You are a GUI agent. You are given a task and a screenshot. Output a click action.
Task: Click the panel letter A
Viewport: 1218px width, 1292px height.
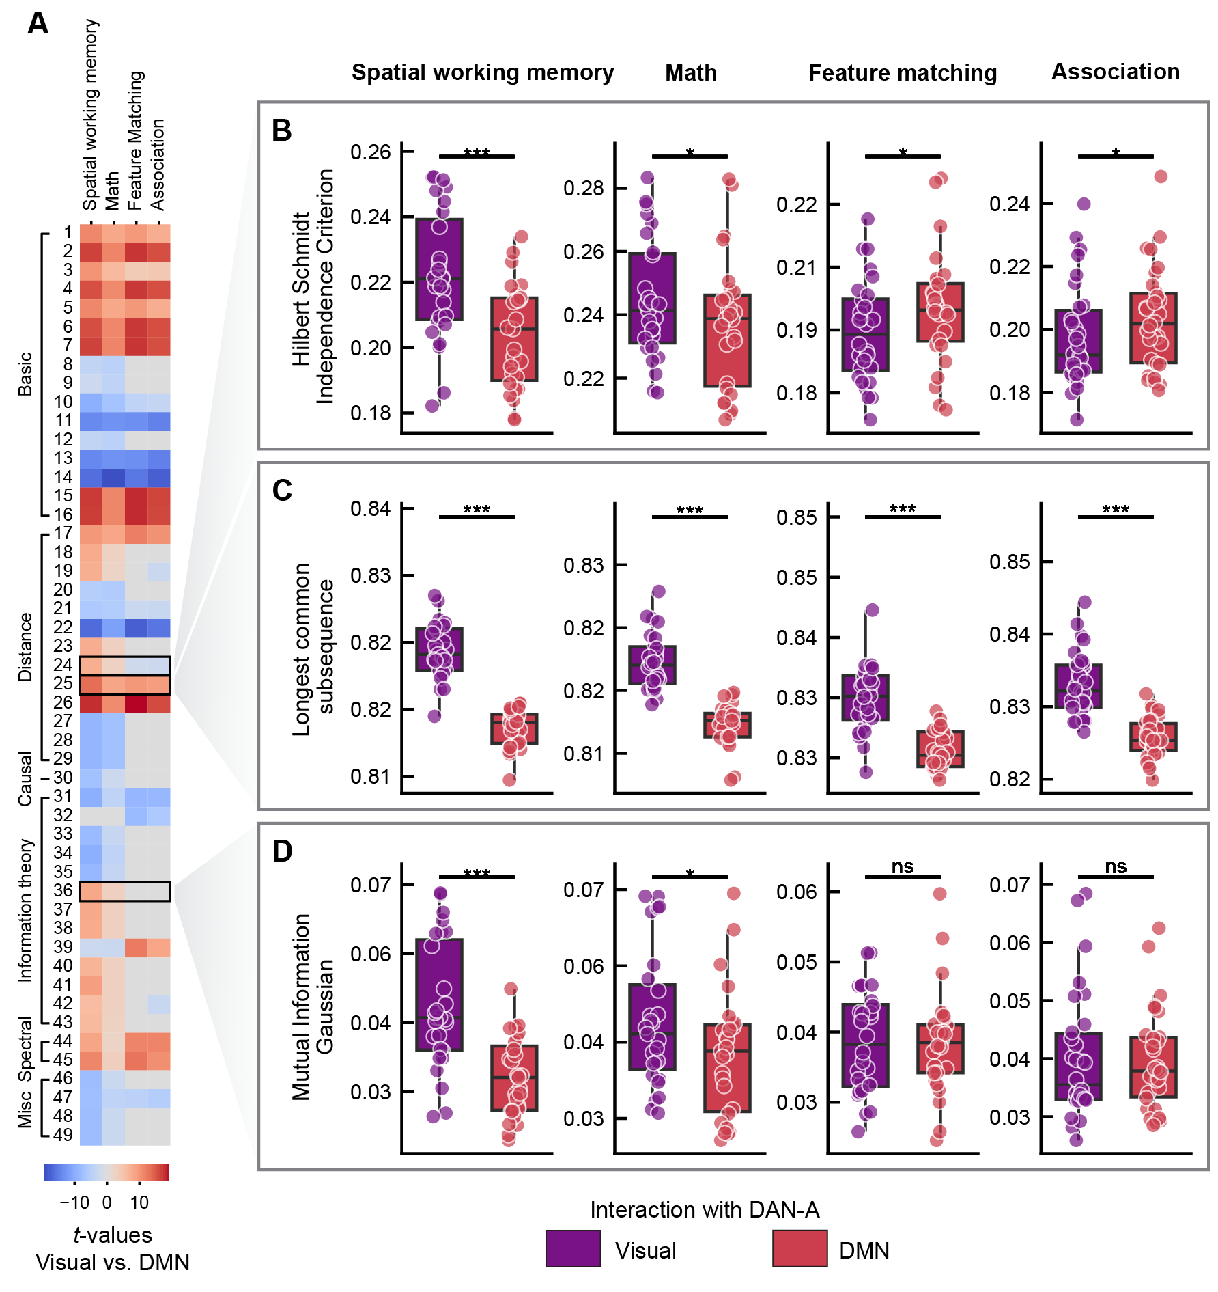(x=38, y=24)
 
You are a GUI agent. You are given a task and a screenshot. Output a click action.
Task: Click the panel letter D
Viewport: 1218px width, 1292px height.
(x=282, y=851)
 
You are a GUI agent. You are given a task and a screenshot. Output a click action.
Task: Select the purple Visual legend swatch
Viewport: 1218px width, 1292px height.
(x=573, y=1248)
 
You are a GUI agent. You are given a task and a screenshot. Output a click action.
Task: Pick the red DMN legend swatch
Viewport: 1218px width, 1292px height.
(x=799, y=1248)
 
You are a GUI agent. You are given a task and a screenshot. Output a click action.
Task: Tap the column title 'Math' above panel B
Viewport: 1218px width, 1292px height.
(x=691, y=73)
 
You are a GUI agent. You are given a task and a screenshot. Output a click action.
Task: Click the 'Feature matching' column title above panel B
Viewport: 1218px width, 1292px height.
(x=903, y=73)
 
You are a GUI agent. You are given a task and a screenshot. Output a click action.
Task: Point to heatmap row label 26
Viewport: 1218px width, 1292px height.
(x=63, y=702)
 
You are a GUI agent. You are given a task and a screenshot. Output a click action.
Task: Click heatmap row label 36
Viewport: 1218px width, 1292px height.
(x=63, y=890)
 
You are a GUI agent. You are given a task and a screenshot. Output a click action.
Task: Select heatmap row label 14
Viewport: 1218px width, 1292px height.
(x=63, y=477)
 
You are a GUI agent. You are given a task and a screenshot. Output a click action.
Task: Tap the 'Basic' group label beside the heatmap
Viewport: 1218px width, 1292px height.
(x=25, y=374)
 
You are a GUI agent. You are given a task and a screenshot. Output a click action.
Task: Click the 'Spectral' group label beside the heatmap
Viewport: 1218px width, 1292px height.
(x=25, y=1049)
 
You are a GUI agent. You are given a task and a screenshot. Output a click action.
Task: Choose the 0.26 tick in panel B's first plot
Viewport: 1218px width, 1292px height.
(x=370, y=152)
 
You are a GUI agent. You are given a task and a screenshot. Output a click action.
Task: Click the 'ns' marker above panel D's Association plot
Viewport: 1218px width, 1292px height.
(x=1116, y=866)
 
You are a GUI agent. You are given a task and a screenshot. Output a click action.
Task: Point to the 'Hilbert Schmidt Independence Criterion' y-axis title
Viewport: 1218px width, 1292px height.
(x=313, y=287)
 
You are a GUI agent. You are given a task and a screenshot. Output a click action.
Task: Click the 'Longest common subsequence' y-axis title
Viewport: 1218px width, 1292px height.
(x=313, y=649)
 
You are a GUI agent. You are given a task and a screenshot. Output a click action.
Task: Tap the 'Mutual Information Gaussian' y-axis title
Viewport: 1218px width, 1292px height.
(x=313, y=1007)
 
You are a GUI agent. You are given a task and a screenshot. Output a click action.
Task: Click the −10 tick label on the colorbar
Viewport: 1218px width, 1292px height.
(x=74, y=1202)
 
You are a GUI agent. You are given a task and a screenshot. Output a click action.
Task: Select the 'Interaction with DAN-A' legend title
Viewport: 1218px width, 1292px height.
(x=705, y=1210)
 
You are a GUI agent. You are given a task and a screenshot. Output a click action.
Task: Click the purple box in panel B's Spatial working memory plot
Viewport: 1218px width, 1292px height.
(x=439, y=269)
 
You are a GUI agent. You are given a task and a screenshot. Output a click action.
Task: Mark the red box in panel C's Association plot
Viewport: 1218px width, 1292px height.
(x=1153, y=737)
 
